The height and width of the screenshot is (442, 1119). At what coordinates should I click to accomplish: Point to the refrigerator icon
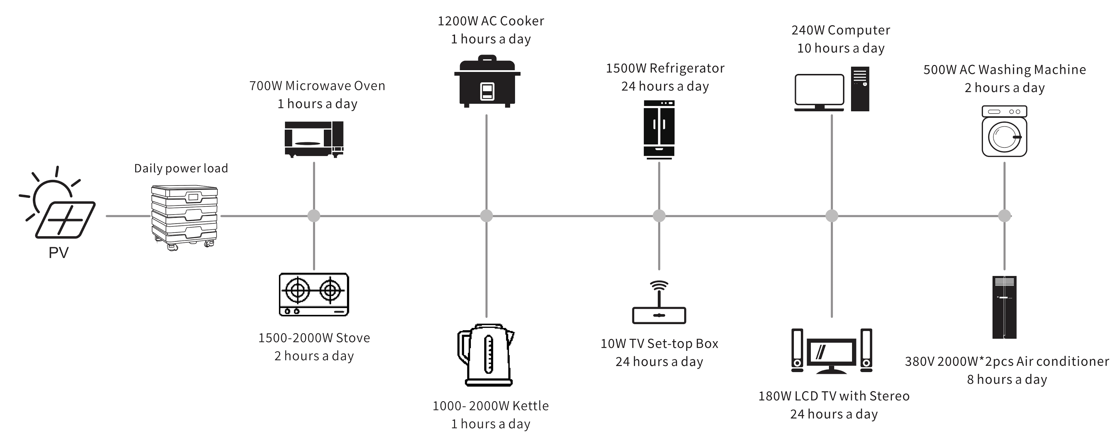[x=659, y=129]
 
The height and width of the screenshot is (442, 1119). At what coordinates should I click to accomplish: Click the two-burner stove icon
[x=313, y=294]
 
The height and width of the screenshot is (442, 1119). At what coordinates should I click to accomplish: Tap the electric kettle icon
[x=487, y=355]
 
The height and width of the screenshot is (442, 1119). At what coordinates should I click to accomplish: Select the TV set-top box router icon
[x=659, y=304]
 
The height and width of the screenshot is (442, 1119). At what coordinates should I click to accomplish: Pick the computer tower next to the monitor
[x=860, y=89]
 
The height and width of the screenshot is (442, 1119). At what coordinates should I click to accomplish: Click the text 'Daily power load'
[x=181, y=168]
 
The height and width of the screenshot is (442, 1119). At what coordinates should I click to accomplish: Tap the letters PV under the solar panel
[x=58, y=253]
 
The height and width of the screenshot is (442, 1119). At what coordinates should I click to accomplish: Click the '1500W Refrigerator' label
[x=665, y=68]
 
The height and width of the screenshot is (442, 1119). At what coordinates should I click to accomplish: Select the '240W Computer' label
[x=840, y=30]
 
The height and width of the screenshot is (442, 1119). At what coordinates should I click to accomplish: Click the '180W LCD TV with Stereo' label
[x=834, y=396]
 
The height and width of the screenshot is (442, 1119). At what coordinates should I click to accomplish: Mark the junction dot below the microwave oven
[x=313, y=215]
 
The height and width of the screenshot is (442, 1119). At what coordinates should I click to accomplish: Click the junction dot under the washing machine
[x=1004, y=215]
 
